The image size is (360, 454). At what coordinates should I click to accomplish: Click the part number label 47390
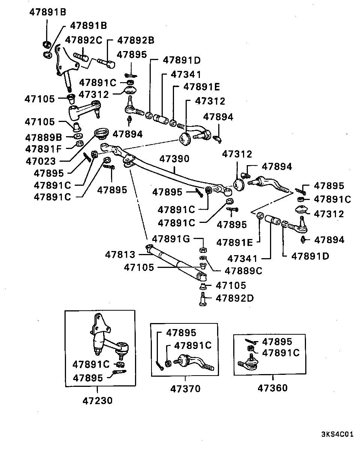tap(175, 159)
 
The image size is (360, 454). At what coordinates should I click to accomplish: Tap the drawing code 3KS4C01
tap(337, 435)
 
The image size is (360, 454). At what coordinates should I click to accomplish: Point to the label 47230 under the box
tap(97, 400)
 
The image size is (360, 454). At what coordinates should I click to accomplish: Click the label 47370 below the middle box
tap(185, 389)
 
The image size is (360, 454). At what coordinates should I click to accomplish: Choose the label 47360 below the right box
tap(273, 388)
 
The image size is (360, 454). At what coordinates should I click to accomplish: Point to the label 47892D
tap(234, 298)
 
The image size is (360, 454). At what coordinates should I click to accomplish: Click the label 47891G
tap(171, 239)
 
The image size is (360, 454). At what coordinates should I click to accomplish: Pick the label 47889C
tap(243, 270)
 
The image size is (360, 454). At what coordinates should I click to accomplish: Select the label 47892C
tap(83, 40)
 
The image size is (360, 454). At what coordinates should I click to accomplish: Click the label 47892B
tap(136, 40)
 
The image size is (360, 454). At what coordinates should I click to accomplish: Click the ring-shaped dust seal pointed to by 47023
tap(100, 134)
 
